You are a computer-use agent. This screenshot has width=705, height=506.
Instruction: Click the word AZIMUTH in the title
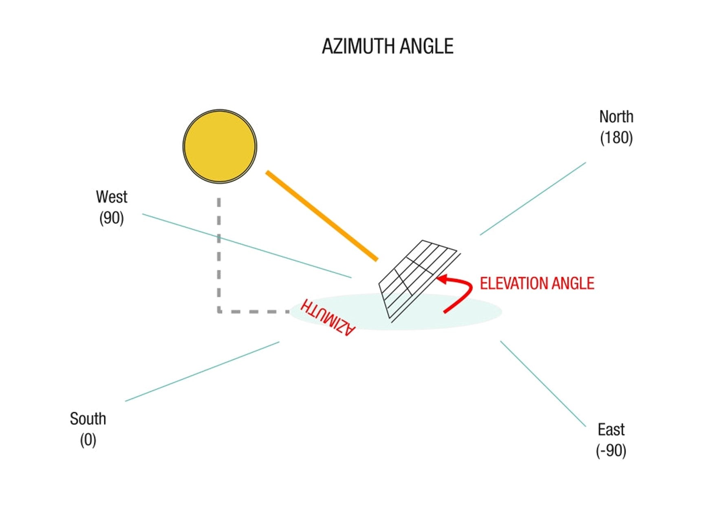click(359, 46)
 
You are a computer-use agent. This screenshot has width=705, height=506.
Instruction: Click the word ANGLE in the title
click(426, 46)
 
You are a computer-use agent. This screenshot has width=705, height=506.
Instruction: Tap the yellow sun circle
click(220, 146)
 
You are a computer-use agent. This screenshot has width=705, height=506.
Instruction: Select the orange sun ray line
click(322, 216)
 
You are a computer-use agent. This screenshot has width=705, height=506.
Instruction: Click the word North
click(616, 117)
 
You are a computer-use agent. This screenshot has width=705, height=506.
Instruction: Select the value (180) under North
click(616, 138)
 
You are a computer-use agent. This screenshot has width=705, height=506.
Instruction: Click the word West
click(112, 197)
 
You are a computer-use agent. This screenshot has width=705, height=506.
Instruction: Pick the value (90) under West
click(111, 218)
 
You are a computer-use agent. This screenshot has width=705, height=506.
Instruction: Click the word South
click(88, 419)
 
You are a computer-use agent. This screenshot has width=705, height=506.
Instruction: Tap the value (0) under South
click(88, 440)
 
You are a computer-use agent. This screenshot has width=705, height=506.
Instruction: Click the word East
click(611, 430)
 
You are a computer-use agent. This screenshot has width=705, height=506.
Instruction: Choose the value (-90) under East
click(611, 451)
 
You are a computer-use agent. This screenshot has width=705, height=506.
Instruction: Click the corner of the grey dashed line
click(219, 312)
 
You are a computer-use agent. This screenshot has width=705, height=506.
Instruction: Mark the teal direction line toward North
click(533, 199)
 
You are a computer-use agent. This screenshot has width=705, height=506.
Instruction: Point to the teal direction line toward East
click(543, 384)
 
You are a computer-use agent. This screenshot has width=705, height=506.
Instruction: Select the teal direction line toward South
click(202, 371)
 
